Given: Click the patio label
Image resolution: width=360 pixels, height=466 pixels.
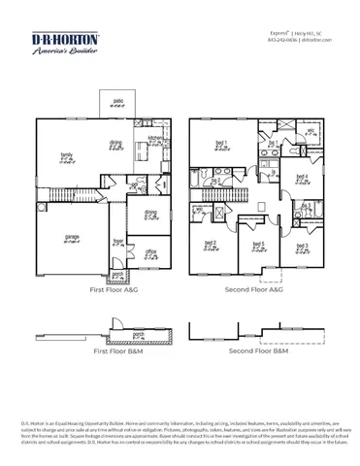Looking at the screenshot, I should click(x=118, y=101).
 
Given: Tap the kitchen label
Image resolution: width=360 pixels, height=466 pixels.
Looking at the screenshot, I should click(x=152, y=140).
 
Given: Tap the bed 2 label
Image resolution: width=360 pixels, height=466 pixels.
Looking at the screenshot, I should click(x=210, y=243).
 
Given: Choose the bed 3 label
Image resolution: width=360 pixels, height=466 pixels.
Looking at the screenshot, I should click(x=301, y=246).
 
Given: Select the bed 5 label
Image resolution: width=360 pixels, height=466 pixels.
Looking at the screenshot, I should click(x=257, y=244).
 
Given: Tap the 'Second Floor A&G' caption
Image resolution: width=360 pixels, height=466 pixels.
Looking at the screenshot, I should click(x=255, y=289).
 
